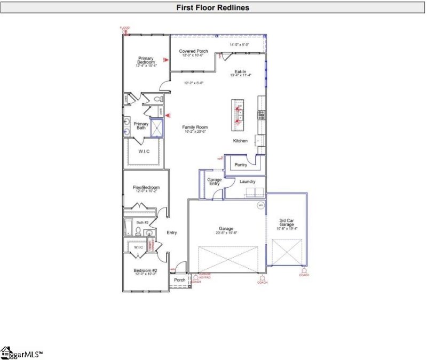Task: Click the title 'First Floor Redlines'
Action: pos(213,7)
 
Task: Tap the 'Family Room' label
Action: pos(195,127)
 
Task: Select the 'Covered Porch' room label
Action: pos(193,51)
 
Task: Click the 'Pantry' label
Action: pos(241,165)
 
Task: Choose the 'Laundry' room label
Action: pos(247,181)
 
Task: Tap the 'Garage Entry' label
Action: pos(214,182)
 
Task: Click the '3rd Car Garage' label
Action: pos(287,223)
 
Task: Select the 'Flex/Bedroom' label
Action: pos(146,188)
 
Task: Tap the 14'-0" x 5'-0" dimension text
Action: pos(239,45)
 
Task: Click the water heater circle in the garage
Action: pos(261,205)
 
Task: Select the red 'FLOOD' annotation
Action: pos(124,28)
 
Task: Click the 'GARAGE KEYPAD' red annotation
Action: pos(205,276)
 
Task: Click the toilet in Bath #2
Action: pos(138,231)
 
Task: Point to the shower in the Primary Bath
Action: pos(157,129)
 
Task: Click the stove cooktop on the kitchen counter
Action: pos(261,114)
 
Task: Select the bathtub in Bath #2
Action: pos(128,227)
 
